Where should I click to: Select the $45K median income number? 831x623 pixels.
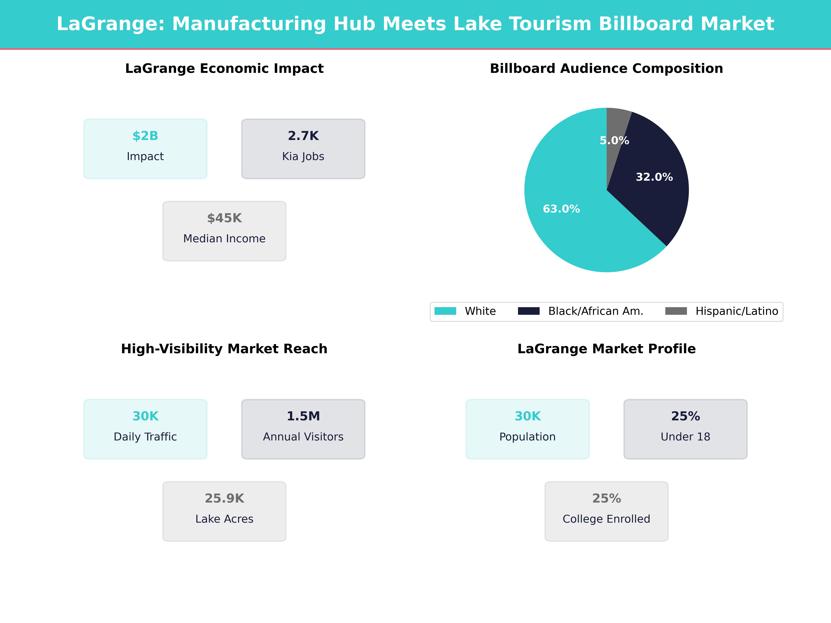pyautogui.click(x=224, y=218)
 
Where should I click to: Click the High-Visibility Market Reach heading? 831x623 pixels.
pyautogui.click(x=224, y=349)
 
